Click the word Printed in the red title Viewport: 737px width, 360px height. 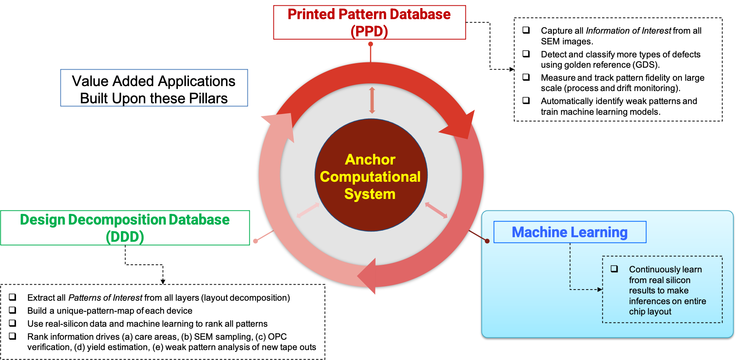pos(311,15)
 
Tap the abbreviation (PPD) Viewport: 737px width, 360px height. pos(369,31)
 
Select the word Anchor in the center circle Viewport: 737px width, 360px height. pos(370,160)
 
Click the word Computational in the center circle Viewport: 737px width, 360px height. pos(370,177)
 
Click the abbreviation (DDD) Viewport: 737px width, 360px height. pos(125,237)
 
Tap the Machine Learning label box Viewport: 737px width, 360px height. pos(569,232)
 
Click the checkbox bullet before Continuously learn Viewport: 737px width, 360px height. pos(614,269)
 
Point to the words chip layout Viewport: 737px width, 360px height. pos(650,312)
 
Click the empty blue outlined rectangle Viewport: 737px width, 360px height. pos(154,88)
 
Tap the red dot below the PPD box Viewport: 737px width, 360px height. pos(371,44)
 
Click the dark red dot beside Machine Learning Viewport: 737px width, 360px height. pos(487,241)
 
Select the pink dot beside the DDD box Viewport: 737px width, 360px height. pos(255,241)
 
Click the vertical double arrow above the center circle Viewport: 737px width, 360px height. pos(372,100)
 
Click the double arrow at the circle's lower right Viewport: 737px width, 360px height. pos(436,210)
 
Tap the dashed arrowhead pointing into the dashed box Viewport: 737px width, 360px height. pos(600,290)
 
